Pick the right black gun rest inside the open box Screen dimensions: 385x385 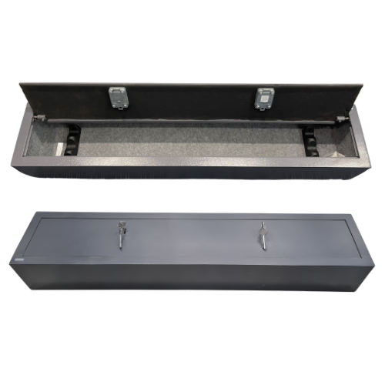pos(310,140)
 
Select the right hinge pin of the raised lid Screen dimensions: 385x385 pos(340,118)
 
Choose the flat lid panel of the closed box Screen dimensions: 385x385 pos(192,239)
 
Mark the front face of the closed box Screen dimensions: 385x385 pos(192,276)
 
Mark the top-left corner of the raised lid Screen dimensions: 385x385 pos(20,82)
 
